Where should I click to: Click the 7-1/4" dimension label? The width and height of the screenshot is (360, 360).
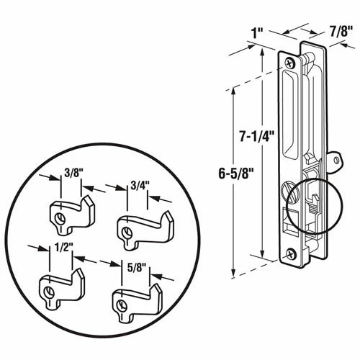(256, 137)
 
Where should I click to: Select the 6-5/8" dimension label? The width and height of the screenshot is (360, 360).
(236, 173)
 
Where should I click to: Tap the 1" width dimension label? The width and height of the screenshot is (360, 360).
(258, 35)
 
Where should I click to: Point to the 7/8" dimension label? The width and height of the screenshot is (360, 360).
(341, 31)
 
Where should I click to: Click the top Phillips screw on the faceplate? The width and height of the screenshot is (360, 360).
(289, 63)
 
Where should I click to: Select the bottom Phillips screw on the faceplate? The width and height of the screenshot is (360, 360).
(291, 253)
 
